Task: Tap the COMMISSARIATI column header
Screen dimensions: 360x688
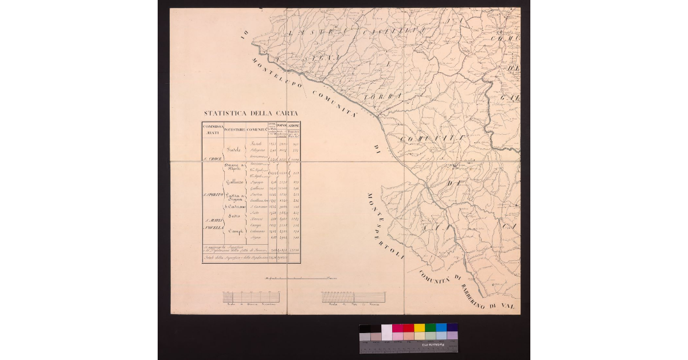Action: click(x=212, y=128)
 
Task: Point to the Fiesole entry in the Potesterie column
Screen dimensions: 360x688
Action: click(x=234, y=150)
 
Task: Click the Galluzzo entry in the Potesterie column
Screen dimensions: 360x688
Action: click(x=236, y=182)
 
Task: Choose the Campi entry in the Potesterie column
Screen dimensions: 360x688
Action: click(x=236, y=231)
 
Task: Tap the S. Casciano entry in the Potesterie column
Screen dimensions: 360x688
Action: click(x=236, y=206)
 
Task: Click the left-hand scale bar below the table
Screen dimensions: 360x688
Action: click(x=252, y=298)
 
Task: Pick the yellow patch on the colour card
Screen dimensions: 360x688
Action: click(x=419, y=328)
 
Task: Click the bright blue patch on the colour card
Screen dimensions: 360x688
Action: click(x=441, y=328)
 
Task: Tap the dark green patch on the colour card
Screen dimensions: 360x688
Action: click(x=430, y=328)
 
